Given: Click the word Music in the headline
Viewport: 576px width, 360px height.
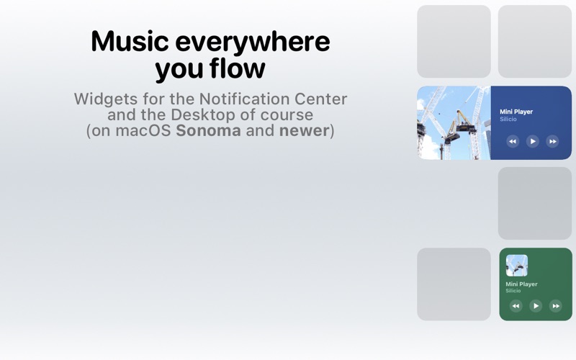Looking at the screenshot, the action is coord(130,41).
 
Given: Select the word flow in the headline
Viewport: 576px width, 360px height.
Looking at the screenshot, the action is coord(238,68).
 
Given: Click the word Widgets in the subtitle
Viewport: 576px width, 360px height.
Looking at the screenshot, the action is coord(106,99).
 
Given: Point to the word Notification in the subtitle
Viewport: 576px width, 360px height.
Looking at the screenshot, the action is coord(244,99).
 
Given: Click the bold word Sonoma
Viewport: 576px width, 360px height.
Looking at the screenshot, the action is coord(208,131).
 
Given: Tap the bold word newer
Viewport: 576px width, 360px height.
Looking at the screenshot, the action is coord(304,131).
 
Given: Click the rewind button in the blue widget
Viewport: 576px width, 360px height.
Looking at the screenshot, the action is coord(513,141).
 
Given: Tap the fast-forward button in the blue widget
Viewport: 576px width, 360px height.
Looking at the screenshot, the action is coord(552,141).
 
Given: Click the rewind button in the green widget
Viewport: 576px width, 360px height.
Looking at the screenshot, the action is coord(516,305).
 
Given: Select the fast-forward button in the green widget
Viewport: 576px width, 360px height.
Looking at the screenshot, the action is coord(555,305).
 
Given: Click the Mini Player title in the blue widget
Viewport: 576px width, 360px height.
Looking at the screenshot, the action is coord(516,112).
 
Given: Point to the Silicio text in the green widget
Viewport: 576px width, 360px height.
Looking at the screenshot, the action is coord(513,291).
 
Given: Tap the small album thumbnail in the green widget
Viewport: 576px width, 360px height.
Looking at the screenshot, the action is coord(517,266).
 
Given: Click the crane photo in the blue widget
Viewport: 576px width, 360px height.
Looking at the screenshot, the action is coord(454,122).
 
